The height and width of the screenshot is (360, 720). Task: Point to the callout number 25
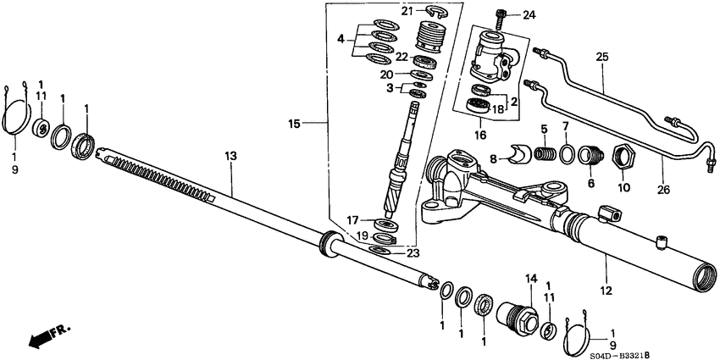coord(602,58)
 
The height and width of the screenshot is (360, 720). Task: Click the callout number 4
coord(340,39)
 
